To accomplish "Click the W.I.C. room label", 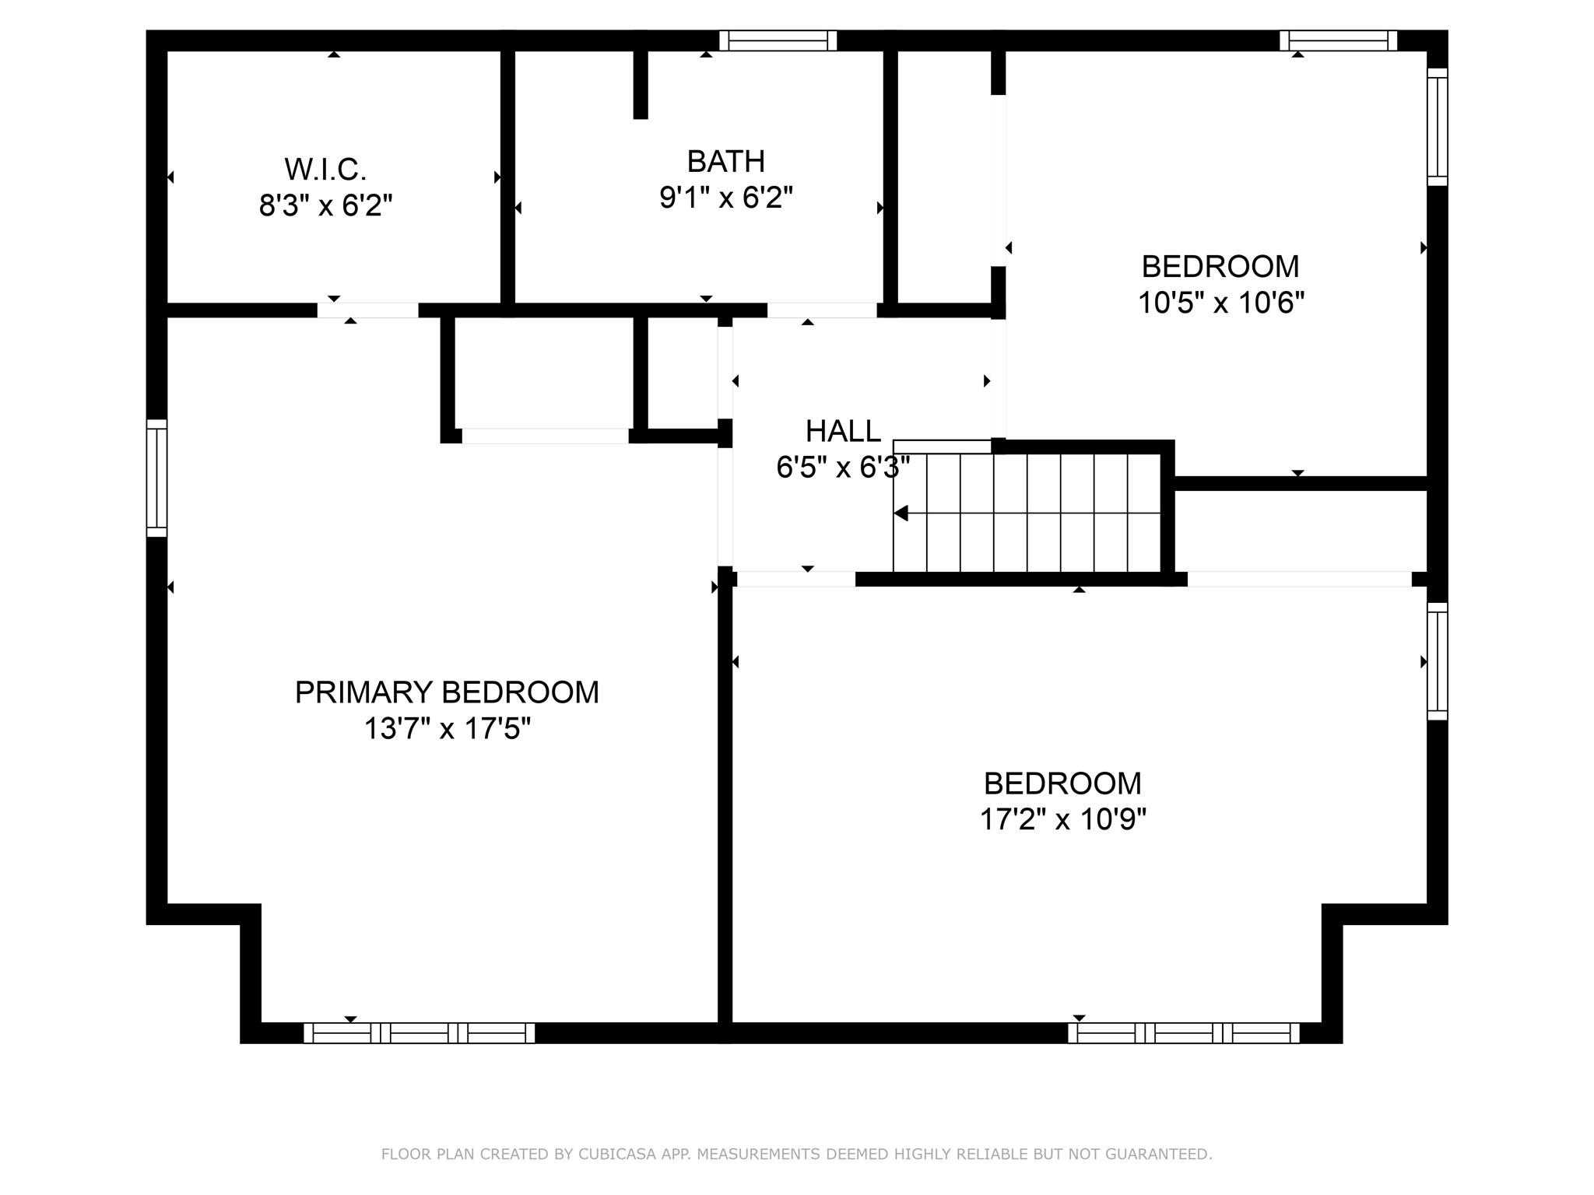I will (325, 169).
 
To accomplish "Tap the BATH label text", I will (725, 161).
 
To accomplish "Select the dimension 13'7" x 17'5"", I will (447, 729).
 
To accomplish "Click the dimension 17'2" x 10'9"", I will (1062, 819).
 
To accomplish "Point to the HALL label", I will (842, 430).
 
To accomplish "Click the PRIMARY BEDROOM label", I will (447, 692).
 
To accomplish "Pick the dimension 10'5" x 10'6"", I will (1220, 302).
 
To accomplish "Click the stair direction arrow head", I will (901, 513).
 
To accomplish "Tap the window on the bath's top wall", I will (778, 40).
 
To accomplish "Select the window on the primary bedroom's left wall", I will (157, 478).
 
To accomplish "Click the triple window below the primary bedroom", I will (419, 1033).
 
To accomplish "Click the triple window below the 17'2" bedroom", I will (1183, 1033).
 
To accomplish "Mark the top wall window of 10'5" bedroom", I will (1338, 40).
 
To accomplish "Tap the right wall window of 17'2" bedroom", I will (1437, 661).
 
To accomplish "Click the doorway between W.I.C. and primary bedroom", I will (367, 310).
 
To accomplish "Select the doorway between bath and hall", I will (822, 310).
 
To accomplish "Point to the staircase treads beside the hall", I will (1027, 513).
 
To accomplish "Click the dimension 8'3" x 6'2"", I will (325, 206).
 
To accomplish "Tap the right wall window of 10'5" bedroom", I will (1437, 127).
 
